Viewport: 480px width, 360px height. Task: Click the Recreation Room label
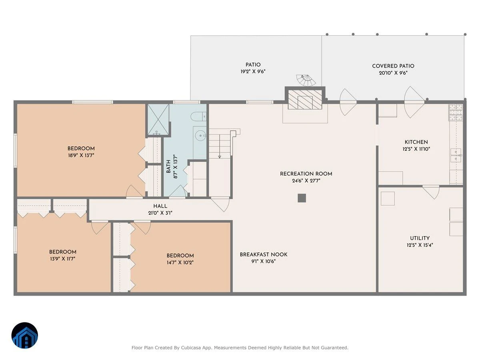click(x=306, y=174)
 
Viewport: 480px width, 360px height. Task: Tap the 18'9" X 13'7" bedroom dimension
click(x=81, y=156)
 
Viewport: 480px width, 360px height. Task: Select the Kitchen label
click(x=416, y=142)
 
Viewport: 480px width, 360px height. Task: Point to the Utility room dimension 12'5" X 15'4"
click(x=420, y=245)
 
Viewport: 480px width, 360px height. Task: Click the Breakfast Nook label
click(x=264, y=254)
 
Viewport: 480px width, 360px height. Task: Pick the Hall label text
click(x=160, y=206)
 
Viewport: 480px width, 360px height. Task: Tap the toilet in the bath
click(x=198, y=116)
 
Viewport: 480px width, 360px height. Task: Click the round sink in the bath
click(x=200, y=136)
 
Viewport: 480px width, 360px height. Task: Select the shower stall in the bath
click(x=158, y=120)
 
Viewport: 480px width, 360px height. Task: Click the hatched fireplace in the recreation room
click(x=305, y=100)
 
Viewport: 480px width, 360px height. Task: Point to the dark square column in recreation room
click(x=302, y=198)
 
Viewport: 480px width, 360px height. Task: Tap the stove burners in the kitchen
click(x=456, y=112)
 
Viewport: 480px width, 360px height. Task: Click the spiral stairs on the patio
click(x=306, y=80)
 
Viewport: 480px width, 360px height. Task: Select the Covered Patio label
click(x=393, y=66)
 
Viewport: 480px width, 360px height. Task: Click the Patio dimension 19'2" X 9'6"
click(x=253, y=72)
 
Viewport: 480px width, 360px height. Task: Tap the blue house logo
click(x=25, y=335)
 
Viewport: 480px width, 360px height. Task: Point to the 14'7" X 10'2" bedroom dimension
click(x=180, y=262)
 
